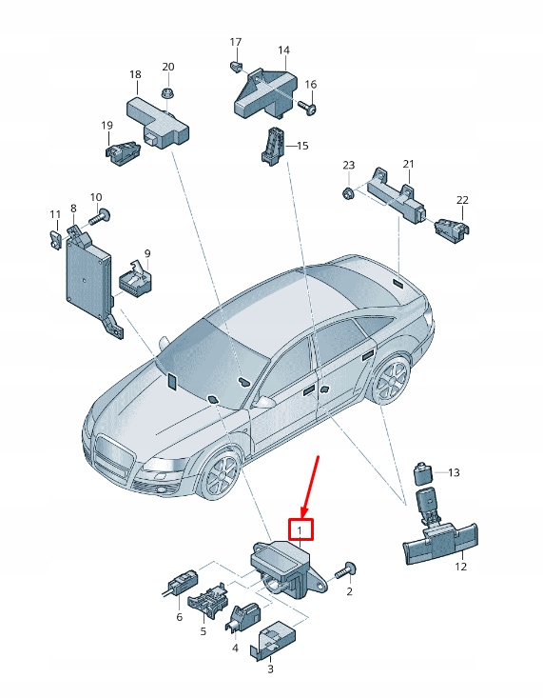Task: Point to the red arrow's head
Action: (303, 510)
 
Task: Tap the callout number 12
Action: (460, 567)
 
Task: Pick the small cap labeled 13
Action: (421, 471)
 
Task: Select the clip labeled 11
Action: (55, 237)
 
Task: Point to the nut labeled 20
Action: (167, 92)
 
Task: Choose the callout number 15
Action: (302, 146)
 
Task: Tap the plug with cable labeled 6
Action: (178, 582)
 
